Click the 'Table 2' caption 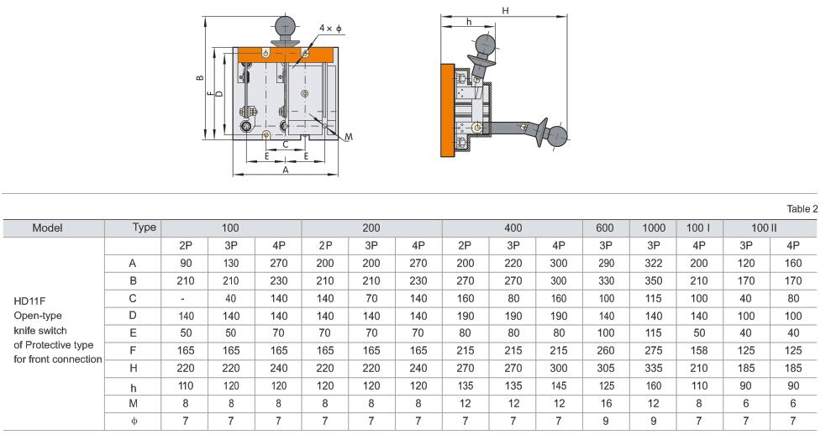[x=802, y=208]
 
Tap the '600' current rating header [x=604, y=228]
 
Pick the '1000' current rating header [x=654, y=228]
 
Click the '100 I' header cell [x=698, y=228]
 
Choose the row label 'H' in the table [x=133, y=368]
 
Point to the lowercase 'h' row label [x=133, y=385]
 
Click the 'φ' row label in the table [x=133, y=420]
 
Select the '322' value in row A [x=654, y=263]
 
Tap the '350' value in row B [x=654, y=280]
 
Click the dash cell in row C [x=184, y=298]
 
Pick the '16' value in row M [x=604, y=403]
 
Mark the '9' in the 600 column [x=604, y=420]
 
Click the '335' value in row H [x=654, y=368]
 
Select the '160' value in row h [x=654, y=385]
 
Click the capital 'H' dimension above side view [x=505, y=10]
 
